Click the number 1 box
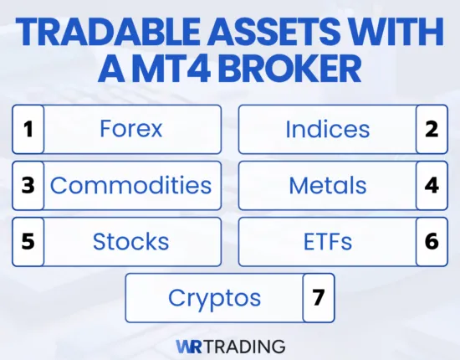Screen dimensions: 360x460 [28, 130]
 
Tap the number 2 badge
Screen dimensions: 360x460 [432, 130]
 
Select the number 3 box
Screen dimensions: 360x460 [28, 185]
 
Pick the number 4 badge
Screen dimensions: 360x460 [432, 185]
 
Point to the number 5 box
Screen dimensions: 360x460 [28, 242]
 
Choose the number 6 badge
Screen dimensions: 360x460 [432, 242]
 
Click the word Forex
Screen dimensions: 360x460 [130, 130]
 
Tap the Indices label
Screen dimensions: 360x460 [328, 130]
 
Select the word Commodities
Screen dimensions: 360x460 [130, 185]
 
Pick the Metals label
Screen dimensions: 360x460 [328, 185]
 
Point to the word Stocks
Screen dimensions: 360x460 [130, 242]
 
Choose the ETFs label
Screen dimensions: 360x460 [328, 242]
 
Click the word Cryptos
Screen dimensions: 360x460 [214, 297]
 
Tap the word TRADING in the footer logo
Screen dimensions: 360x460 [244, 345]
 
